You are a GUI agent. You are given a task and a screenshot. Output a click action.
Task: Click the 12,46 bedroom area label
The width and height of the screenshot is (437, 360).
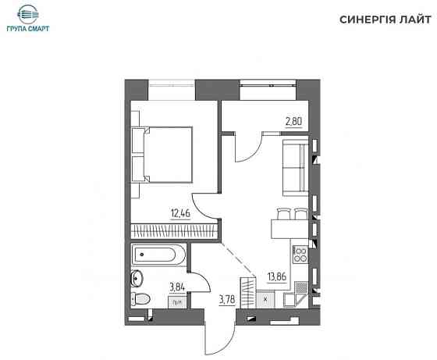tap(180, 213)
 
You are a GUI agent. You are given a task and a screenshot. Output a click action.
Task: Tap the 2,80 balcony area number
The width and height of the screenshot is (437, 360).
tap(293, 122)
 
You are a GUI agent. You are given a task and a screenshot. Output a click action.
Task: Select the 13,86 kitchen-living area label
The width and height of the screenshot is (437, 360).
tap(277, 276)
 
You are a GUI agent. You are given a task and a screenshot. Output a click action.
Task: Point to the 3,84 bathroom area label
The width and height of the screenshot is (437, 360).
tap(177, 287)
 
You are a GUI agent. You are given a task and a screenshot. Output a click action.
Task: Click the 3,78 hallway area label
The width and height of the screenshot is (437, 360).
tap(227, 300)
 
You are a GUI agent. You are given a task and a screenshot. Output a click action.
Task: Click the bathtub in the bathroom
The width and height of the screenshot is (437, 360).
tap(158, 255)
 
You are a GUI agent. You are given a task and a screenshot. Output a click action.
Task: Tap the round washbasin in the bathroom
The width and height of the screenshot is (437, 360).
tap(137, 278)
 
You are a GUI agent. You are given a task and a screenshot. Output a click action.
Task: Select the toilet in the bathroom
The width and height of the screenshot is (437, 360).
tap(140, 299)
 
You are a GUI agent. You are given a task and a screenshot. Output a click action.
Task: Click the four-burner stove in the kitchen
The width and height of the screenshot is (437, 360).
tap(300, 255)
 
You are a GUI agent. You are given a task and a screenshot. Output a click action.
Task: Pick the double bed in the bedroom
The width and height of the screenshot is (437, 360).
tap(162, 155)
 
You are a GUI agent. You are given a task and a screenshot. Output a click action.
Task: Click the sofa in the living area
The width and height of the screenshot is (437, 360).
tap(296, 167)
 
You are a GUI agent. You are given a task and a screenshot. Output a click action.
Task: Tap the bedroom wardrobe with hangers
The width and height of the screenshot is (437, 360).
tap(174, 231)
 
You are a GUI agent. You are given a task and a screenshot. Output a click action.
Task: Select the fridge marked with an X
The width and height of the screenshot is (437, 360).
tap(265, 300)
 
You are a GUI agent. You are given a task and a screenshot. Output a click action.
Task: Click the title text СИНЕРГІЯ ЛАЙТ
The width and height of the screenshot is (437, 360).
tap(385, 20)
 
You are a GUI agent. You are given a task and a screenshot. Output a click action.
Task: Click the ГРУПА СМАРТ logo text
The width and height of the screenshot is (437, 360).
tap(28, 28)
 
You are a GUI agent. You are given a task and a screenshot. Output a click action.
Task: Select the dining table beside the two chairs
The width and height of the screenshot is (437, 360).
tap(290, 229)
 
